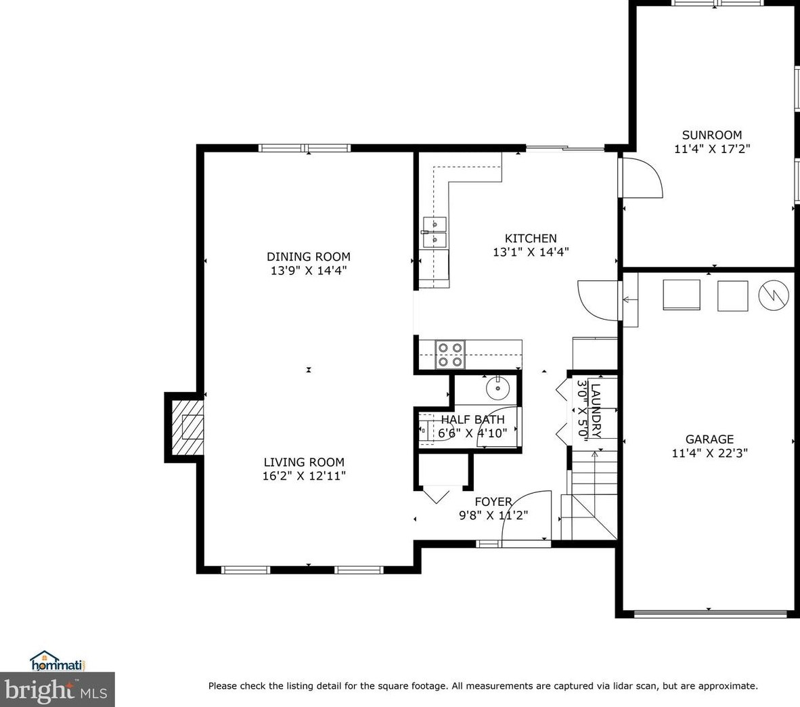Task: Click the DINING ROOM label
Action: point(309,257)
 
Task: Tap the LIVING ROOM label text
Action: point(304,463)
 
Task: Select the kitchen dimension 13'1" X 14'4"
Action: point(531,252)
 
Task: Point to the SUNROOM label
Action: point(712,135)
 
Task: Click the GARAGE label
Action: point(709,439)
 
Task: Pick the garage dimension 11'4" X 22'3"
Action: point(710,453)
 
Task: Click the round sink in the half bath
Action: point(497,389)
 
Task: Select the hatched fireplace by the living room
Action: point(187,427)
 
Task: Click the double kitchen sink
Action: point(435,232)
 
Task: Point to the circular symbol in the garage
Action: point(774,295)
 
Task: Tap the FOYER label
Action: point(493,502)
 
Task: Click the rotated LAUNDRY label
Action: point(596,410)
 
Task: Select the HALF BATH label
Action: point(472,420)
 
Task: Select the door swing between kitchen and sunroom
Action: point(642,177)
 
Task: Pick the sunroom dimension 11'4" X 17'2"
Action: point(712,149)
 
